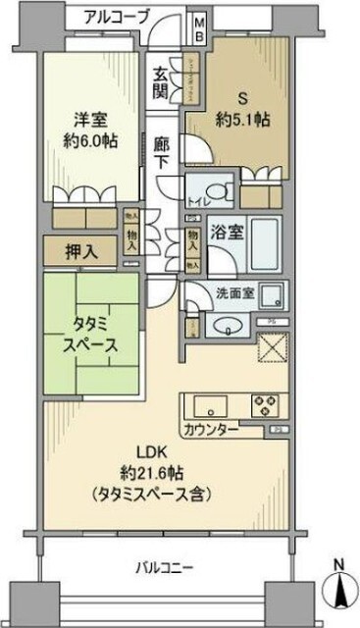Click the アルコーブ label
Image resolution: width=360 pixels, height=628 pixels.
click(x=117, y=16)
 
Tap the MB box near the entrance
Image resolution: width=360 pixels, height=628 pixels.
click(x=197, y=26)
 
